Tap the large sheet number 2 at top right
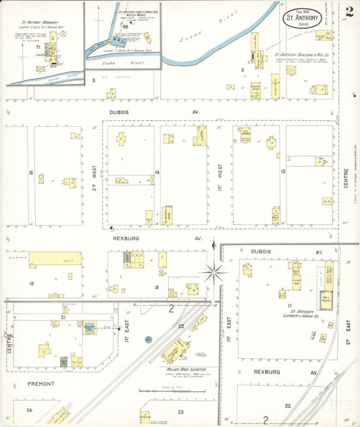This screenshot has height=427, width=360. click(349, 11)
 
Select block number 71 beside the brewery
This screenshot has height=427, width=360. click(38, 47)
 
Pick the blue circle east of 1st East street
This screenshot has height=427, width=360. click(148, 338)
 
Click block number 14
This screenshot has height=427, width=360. click(157, 172)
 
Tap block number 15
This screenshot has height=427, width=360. click(31, 173)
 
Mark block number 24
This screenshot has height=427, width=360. click(29, 410)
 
